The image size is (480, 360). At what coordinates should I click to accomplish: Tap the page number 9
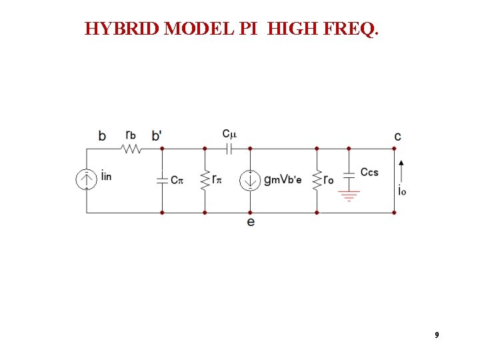pos(437,335)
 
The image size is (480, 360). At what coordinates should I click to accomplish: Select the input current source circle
pos(87,180)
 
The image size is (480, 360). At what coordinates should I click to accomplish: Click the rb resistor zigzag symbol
pos(131,149)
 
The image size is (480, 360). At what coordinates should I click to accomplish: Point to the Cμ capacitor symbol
pos(229,149)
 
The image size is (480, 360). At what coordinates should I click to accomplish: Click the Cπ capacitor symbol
pos(162,180)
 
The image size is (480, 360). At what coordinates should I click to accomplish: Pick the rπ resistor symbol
pos(205,180)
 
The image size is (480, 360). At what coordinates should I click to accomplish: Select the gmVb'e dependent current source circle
pos(250,180)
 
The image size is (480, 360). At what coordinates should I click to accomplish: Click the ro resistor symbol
pos(317,180)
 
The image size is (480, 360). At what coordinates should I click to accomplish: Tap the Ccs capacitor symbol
pos(348,177)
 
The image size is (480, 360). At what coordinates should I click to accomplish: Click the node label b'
pos(157,135)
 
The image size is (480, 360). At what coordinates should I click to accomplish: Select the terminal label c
pos(397,137)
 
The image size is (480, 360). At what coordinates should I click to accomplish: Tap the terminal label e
pos(250,222)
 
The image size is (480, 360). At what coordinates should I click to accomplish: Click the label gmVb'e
pos(283,179)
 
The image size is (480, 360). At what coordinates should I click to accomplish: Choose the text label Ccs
pos(369,172)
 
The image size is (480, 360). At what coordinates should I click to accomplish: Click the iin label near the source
pos(107,177)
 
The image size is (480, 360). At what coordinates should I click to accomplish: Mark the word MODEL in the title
pos(199,29)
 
